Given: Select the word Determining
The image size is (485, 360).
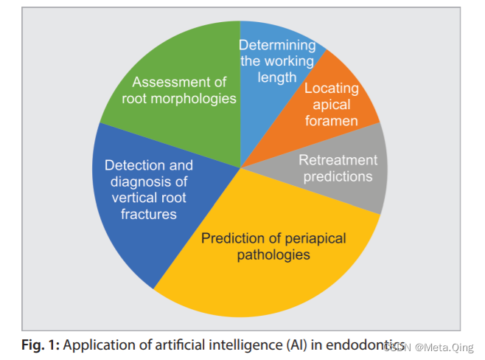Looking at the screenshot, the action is click(x=279, y=46).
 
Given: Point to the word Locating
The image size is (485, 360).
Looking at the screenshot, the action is click(x=332, y=89).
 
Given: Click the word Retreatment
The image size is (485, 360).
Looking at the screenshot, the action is click(x=338, y=160).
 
